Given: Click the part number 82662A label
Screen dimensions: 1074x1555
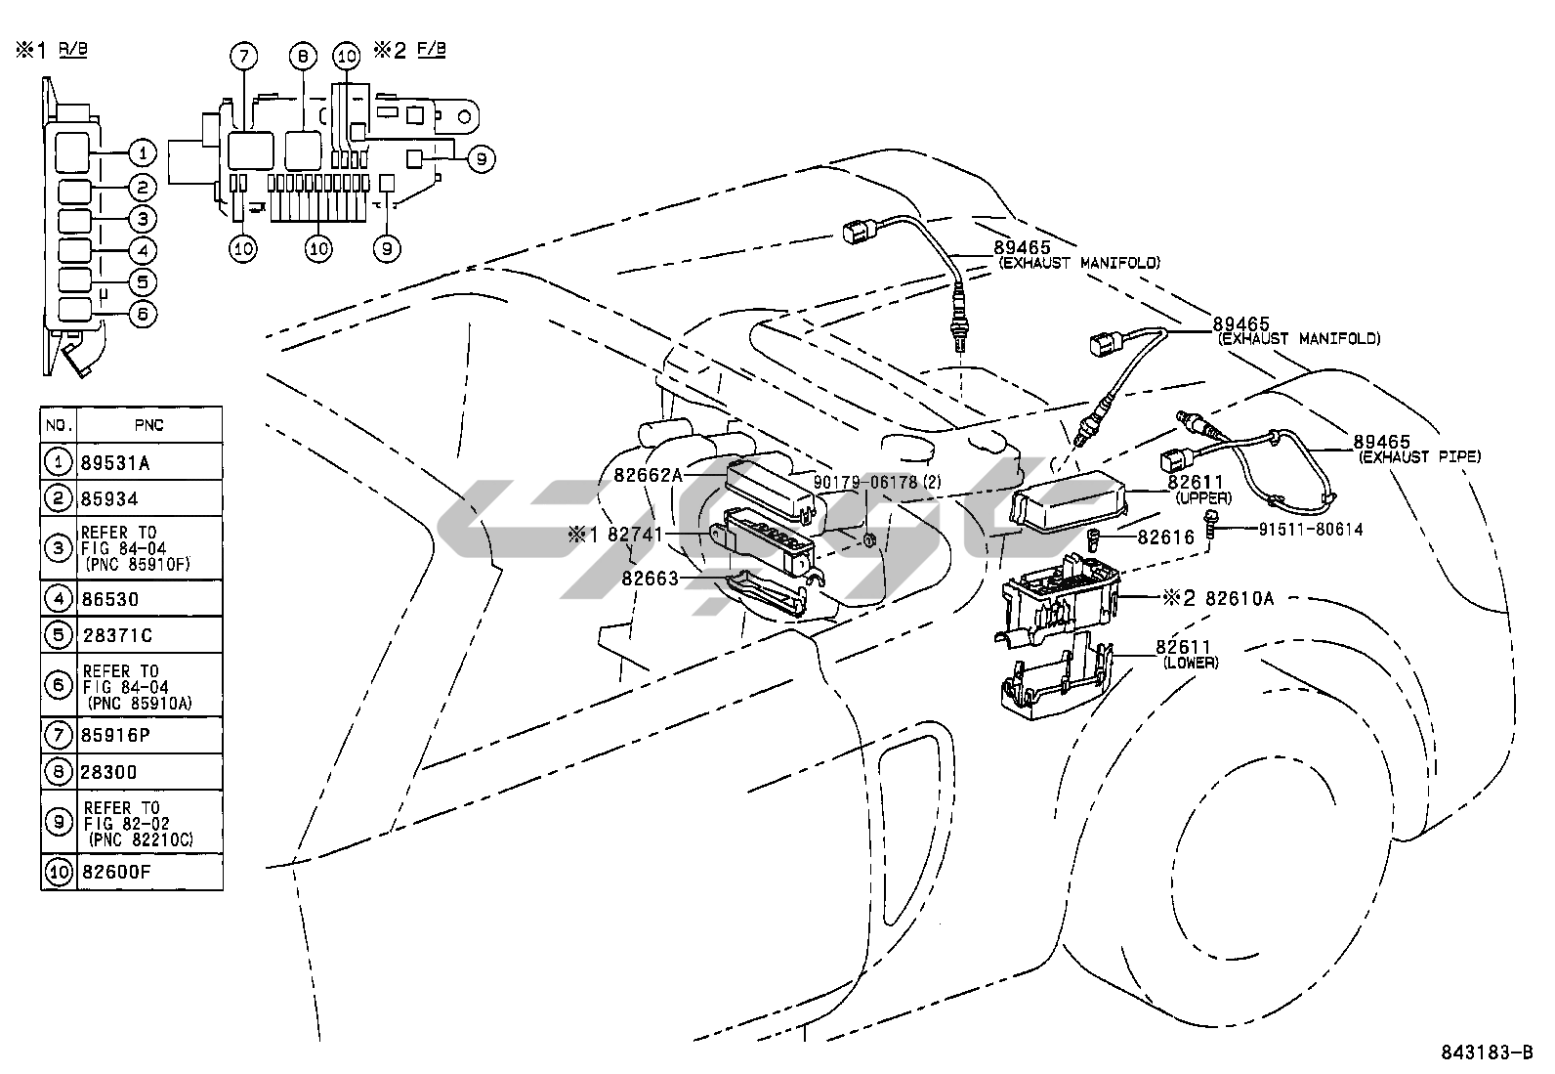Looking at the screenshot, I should [648, 475].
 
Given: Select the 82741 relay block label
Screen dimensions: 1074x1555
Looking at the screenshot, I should [635, 535].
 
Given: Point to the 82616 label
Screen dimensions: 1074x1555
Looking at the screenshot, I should [1165, 538].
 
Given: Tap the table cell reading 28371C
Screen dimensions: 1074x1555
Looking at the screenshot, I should [116, 635].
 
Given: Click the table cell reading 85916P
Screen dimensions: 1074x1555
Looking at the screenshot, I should [116, 735].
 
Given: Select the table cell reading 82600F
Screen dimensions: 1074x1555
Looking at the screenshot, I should [116, 872].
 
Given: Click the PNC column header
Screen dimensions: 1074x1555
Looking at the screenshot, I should [148, 425].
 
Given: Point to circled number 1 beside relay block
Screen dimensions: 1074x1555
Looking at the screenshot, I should [142, 152].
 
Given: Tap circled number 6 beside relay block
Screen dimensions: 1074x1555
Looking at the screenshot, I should [142, 315].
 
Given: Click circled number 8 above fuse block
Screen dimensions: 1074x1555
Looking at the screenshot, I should [302, 57].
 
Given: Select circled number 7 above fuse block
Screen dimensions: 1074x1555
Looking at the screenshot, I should [243, 57].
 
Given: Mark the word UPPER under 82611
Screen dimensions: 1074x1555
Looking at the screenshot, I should [1203, 497].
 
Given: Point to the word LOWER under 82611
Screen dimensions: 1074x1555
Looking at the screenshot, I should [1190, 662].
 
